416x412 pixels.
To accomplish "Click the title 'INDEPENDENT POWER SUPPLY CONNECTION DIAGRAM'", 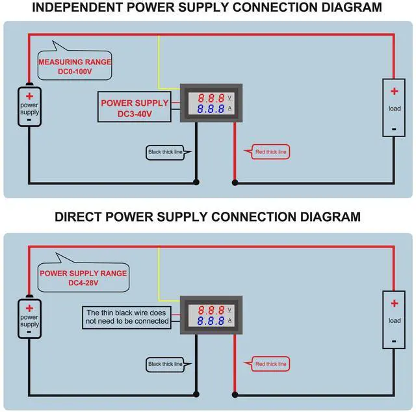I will click(207, 8).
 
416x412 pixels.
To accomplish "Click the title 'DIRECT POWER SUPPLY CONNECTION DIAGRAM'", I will click(207, 216).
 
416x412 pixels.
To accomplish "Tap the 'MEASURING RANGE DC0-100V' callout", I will click(75, 66).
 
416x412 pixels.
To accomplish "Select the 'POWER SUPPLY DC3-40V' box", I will click(135, 108).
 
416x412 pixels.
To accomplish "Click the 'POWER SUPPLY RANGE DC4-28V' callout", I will click(83, 277).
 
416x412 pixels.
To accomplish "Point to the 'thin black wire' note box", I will click(127, 316).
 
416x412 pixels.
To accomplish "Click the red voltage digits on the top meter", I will click(211, 98).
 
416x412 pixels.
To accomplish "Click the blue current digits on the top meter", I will click(211, 109).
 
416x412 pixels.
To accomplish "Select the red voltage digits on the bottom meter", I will click(211, 310).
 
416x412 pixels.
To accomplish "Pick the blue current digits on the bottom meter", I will click(211, 321).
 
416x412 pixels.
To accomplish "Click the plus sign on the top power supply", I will click(29, 95).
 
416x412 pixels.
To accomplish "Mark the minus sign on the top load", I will click(394, 128).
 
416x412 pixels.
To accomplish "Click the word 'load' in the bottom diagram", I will click(394, 320).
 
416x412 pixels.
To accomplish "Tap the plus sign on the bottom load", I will click(394, 302).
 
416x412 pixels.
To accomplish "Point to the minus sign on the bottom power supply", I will click(29, 331).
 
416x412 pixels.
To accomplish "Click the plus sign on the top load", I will click(394, 90).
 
